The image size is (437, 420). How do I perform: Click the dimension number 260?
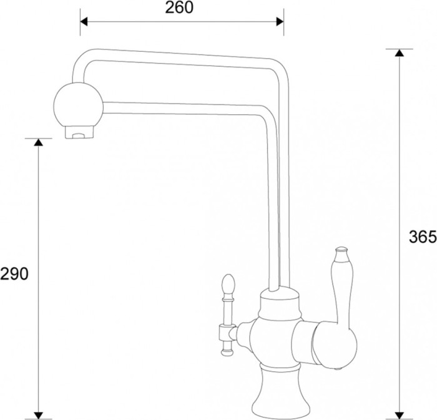click(179, 7)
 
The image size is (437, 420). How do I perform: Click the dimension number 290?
click(14, 274)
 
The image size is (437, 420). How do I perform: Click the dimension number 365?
click(423, 237)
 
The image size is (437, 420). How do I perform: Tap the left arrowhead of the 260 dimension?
click(84, 21)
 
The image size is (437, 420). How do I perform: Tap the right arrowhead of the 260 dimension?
click(280, 21)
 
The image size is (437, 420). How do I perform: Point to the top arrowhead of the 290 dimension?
click(39, 142)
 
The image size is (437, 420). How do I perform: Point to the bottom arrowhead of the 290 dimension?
click(39, 416)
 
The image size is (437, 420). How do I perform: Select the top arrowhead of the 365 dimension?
click(400, 53)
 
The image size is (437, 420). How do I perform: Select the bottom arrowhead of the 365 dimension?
click(400, 416)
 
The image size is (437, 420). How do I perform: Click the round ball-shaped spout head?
click(78, 105)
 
